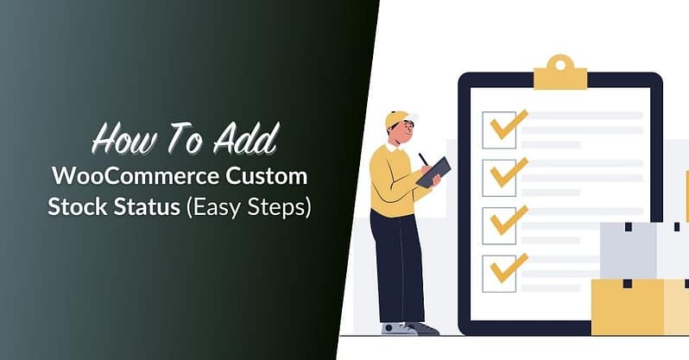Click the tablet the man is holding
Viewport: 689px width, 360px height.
pyautogui.click(x=432, y=171)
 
